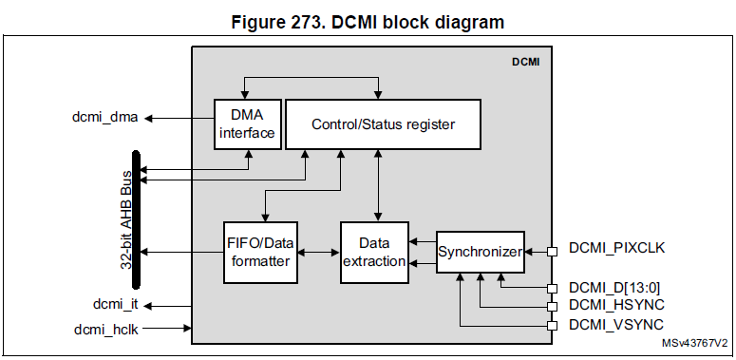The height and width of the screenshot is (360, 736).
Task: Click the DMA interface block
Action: (247, 123)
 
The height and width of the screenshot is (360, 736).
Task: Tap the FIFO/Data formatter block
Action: (260, 253)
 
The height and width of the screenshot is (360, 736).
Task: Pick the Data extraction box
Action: (374, 253)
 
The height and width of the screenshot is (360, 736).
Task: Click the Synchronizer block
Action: (480, 252)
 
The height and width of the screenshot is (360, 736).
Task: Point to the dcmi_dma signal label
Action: (104, 118)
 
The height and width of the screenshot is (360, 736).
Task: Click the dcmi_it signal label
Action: (115, 306)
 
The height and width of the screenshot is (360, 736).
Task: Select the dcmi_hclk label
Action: (107, 329)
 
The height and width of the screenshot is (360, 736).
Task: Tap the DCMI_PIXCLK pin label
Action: (616, 249)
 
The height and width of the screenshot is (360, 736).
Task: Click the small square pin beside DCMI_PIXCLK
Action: (551, 252)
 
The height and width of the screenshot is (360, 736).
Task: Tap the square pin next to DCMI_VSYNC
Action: (551, 326)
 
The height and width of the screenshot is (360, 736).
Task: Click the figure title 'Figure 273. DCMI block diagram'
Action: (368, 22)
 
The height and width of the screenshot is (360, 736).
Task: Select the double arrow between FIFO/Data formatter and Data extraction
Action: (318, 253)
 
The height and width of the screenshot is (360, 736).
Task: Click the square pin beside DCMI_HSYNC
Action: (551, 307)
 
